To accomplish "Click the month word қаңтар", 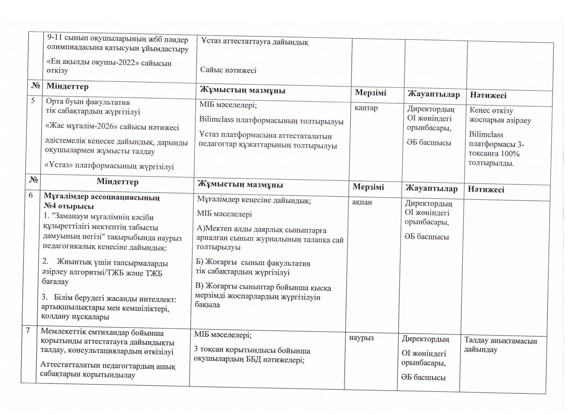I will click(366, 108).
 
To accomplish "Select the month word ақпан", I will click(362, 202).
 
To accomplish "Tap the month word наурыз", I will click(362, 338).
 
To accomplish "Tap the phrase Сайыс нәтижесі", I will click(228, 70).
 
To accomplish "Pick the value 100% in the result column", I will click(510, 154).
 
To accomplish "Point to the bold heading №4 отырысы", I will click(69, 206).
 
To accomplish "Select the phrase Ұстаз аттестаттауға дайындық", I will click(255, 42).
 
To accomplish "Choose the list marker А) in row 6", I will click(200, 230).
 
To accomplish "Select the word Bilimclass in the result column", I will click(486, 135).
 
